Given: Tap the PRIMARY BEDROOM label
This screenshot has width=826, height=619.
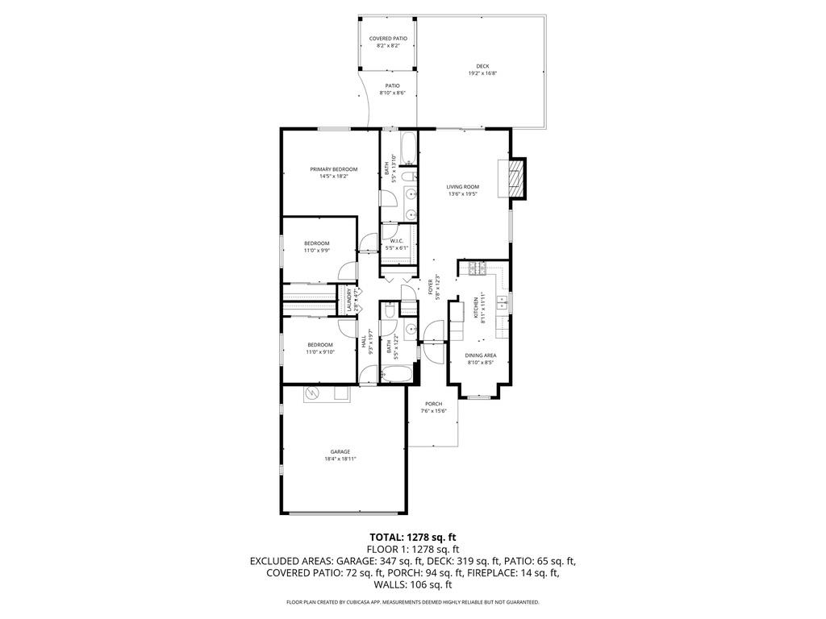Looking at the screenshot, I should coord(334,169).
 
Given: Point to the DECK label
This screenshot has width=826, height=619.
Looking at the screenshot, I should coord(482,66).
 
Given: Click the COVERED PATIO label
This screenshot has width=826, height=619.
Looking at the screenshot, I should coord(388,39).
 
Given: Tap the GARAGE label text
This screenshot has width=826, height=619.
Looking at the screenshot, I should coord(340,451).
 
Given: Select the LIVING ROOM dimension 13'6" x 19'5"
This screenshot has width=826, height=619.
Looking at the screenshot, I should coord(463,193).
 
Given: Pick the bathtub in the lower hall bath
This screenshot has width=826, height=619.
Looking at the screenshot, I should coord(395,374).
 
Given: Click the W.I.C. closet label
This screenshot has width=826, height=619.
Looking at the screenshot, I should coord(397,240).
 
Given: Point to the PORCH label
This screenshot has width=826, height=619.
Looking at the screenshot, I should coord(433,404).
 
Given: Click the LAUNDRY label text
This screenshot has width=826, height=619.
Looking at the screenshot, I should coord(349,300).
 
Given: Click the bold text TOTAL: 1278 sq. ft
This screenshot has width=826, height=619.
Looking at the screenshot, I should coord(412,536).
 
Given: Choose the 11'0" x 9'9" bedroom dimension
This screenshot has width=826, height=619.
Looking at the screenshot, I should coord(317,251).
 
